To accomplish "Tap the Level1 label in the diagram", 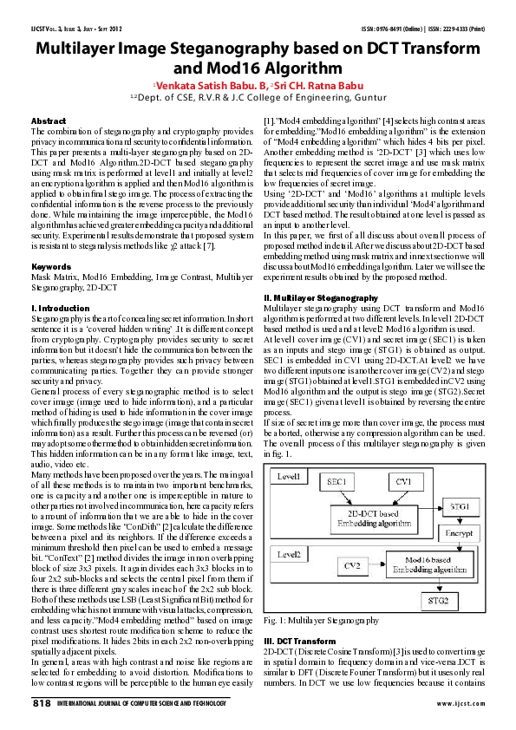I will [x=290, y=478].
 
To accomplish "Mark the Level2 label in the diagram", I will [x=290, y=552].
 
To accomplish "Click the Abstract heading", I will [x=48, y=121].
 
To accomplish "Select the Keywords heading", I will [x=50, y=266].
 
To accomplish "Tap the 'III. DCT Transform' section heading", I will [x=300, y=641].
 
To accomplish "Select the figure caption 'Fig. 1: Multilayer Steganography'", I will [x=323, y=621].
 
